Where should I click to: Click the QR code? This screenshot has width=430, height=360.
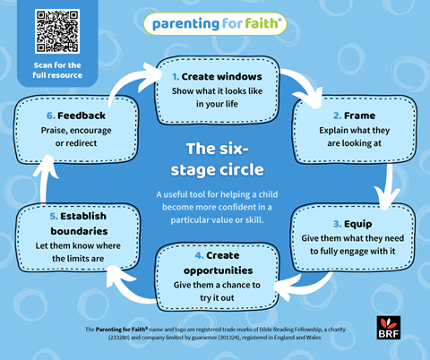[x=57, y=31]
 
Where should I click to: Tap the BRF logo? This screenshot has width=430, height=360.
[x=389, y=328]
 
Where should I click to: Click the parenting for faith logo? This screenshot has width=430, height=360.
[x=215, y=24]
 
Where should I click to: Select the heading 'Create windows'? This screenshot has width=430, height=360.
[x=221, y=77]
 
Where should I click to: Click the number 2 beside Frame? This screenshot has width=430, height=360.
[x=338, y=116]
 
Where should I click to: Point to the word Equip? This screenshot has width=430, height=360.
[x=357, y=224]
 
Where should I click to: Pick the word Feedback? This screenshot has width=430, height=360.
[x=82, y=116]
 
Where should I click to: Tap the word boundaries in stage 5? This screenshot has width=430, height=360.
[x=79, y=231]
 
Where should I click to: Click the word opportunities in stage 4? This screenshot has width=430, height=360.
[x=219, y=270]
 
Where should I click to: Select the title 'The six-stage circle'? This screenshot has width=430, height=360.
[x=217, y=159]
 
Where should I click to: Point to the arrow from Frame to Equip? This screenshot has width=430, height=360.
[x=388, y=186]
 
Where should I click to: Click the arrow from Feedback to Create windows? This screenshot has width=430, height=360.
[x=125, y=81]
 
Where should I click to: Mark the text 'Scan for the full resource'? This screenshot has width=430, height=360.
[x=57, y=70]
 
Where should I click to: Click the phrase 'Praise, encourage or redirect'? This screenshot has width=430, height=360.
[x=76, y=137]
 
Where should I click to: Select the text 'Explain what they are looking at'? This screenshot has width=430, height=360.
[x=355, y=137]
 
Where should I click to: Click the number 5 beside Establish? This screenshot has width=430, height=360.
[x=54, y=216]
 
